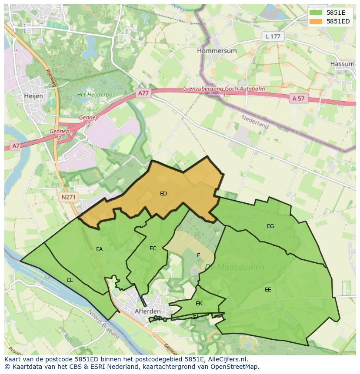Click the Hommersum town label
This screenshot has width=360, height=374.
(x=217, y=51)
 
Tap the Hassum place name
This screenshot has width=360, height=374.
(x=342, y=63)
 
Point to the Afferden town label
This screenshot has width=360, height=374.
(x=147, y=311)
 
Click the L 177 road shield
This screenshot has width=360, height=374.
(x=273, y=36)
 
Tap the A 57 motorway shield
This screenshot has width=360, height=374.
(x=298, y=99)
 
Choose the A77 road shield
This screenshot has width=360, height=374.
(x=143, y=93)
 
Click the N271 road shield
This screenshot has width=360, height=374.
(x=68, y=197)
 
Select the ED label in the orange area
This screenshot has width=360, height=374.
(x=163, y=194)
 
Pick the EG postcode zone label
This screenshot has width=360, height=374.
(x=270, y=226)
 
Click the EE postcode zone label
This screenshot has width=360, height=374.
(x=268, y=289)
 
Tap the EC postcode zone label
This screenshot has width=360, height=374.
(x=153, y=248)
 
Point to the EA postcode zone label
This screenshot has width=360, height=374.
(x=100, y=249)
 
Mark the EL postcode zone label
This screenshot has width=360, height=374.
(x=70, y=280)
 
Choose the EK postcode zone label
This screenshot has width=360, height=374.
(x=199, y=303)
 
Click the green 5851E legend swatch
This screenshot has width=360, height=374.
(x=316, y=13)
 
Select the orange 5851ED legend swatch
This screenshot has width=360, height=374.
(x=316, y=21)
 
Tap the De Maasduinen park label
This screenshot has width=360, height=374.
(x=234, y=267)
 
